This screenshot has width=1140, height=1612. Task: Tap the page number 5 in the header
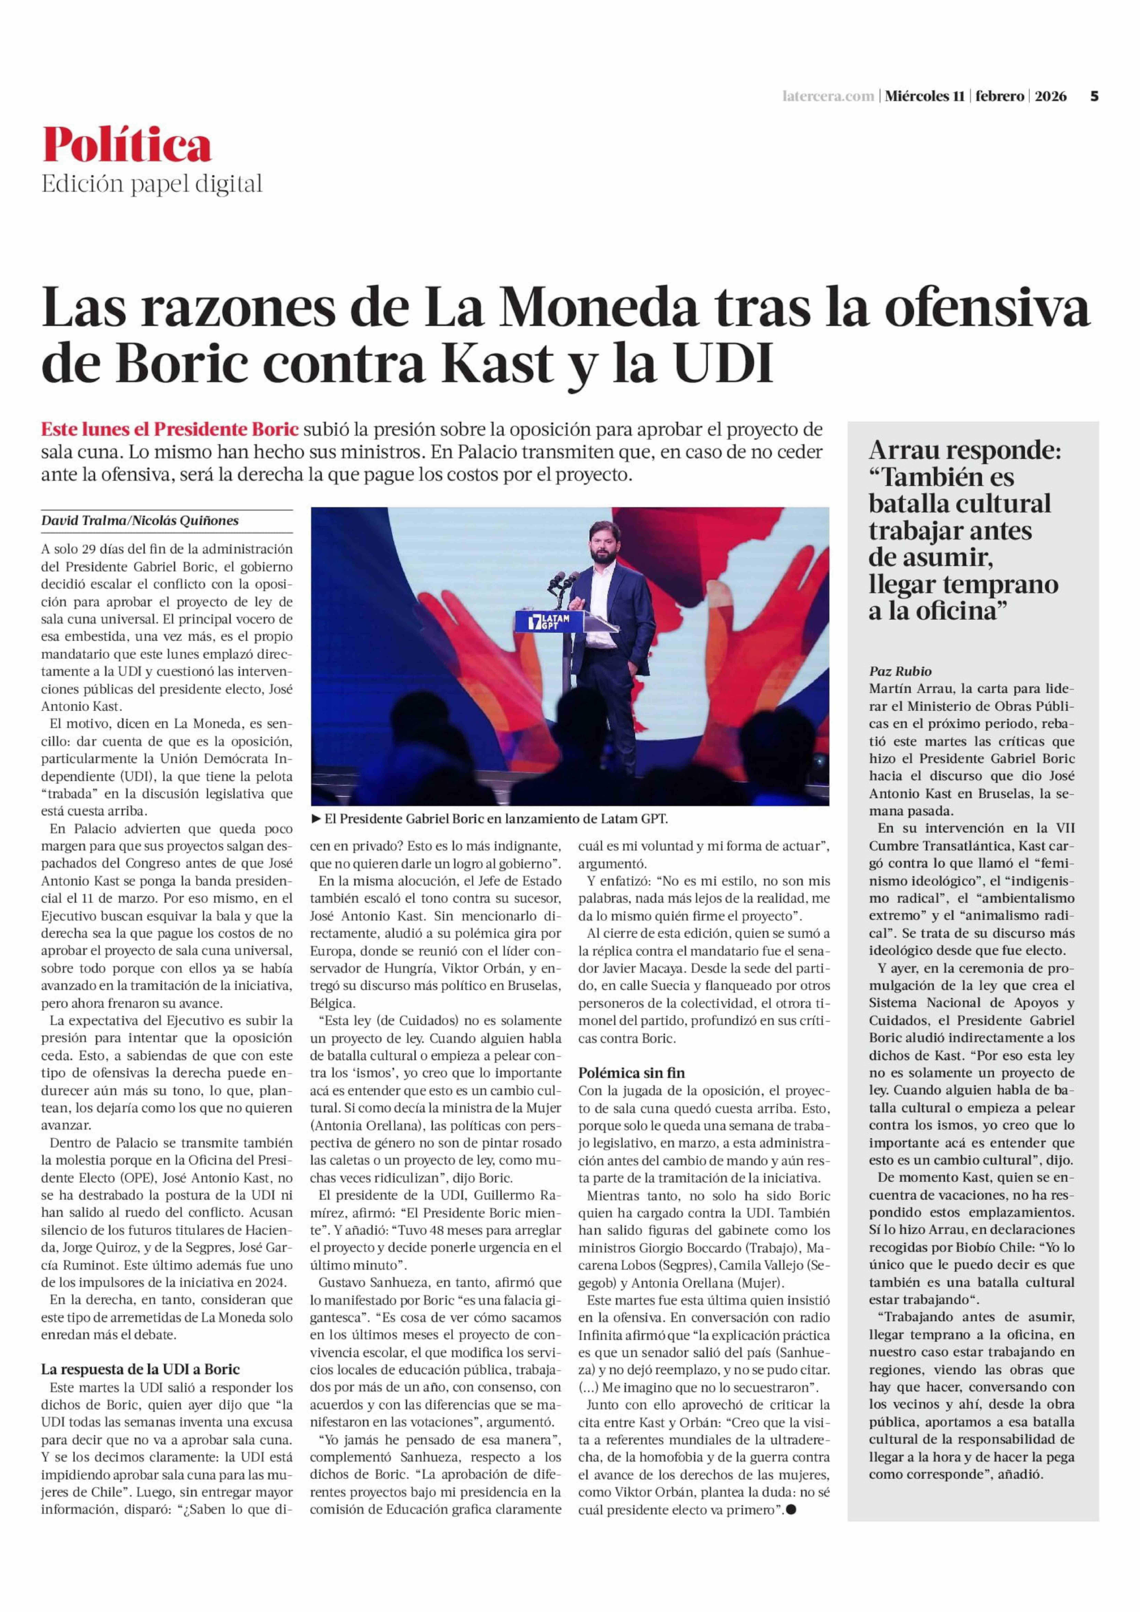pyautogui.click(x=1094, y=97)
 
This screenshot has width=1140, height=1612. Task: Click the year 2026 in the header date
pyautogui.click(x=1051, y=97)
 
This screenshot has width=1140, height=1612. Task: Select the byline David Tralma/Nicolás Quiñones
pyautogui.click(x=140, y=520)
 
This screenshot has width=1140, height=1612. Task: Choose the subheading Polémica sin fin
pyautogui.click(x=632, y=1073)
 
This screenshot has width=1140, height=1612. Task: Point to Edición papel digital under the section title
pyautogui.click(x=152, y=184)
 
